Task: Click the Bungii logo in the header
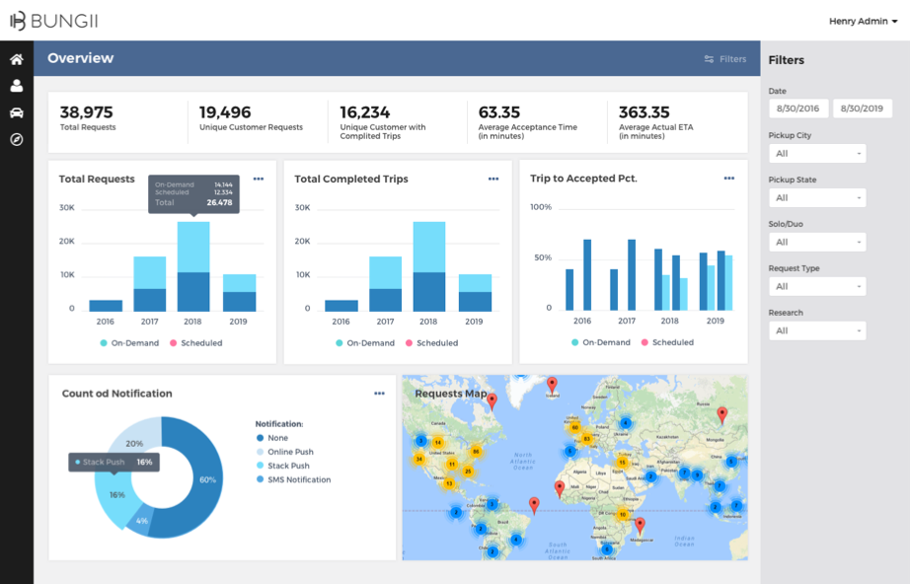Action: tap(53, 21)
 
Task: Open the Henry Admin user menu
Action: tap(863, 21)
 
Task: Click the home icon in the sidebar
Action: tap(17, 59)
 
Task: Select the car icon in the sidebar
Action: tap(17, 112)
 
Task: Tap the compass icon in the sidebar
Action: tap(17, 139)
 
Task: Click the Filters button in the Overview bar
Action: tap(725, 59)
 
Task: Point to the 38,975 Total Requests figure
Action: tap(87, 112)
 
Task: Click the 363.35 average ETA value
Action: tap(644, 112)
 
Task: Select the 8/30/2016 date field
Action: tap(798, 109)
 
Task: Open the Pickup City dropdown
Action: tap(817, 154)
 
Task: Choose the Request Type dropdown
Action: tap(817, 287)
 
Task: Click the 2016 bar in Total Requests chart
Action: tap(106, 306)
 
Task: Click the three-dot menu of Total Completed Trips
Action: tap(493, 179)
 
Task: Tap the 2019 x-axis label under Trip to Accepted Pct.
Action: tap(716, 322)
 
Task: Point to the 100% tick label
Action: tap(541, 207)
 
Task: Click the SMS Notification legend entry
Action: tap(298, 480)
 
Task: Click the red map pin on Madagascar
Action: tap(640, 525)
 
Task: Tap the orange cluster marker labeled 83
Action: tap(586, 438)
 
